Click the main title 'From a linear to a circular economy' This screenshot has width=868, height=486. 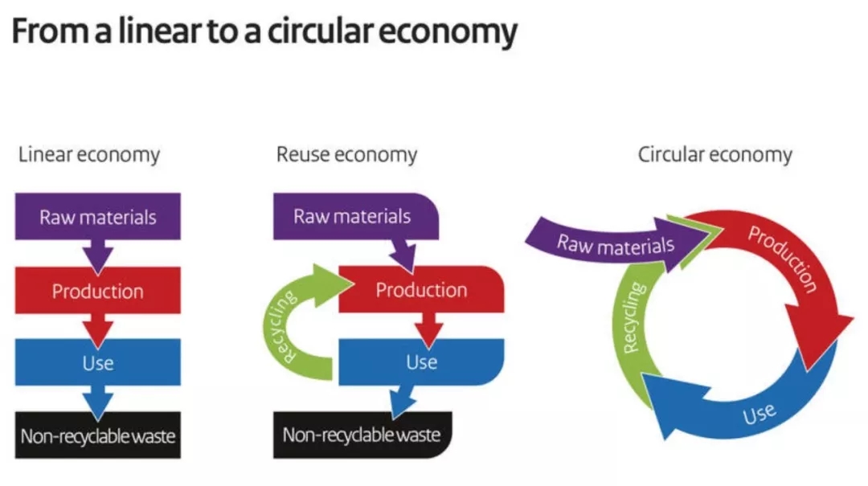coord(264,33)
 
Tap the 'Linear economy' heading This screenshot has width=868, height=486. coord(89,154)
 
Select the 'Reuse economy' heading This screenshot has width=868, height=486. coord(346,154)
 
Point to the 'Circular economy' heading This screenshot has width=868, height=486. coord(714,154)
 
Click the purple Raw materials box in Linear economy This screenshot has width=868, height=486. coord(98,217)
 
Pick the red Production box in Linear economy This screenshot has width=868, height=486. coord(98,290)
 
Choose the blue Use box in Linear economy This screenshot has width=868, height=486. coord(98,363)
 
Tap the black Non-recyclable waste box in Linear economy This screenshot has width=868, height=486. coord(98,436)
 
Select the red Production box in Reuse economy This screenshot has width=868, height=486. coord(421,289)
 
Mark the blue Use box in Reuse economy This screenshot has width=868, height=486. coord(421,361)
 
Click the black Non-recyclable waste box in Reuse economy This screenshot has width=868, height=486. coord(362,435)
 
